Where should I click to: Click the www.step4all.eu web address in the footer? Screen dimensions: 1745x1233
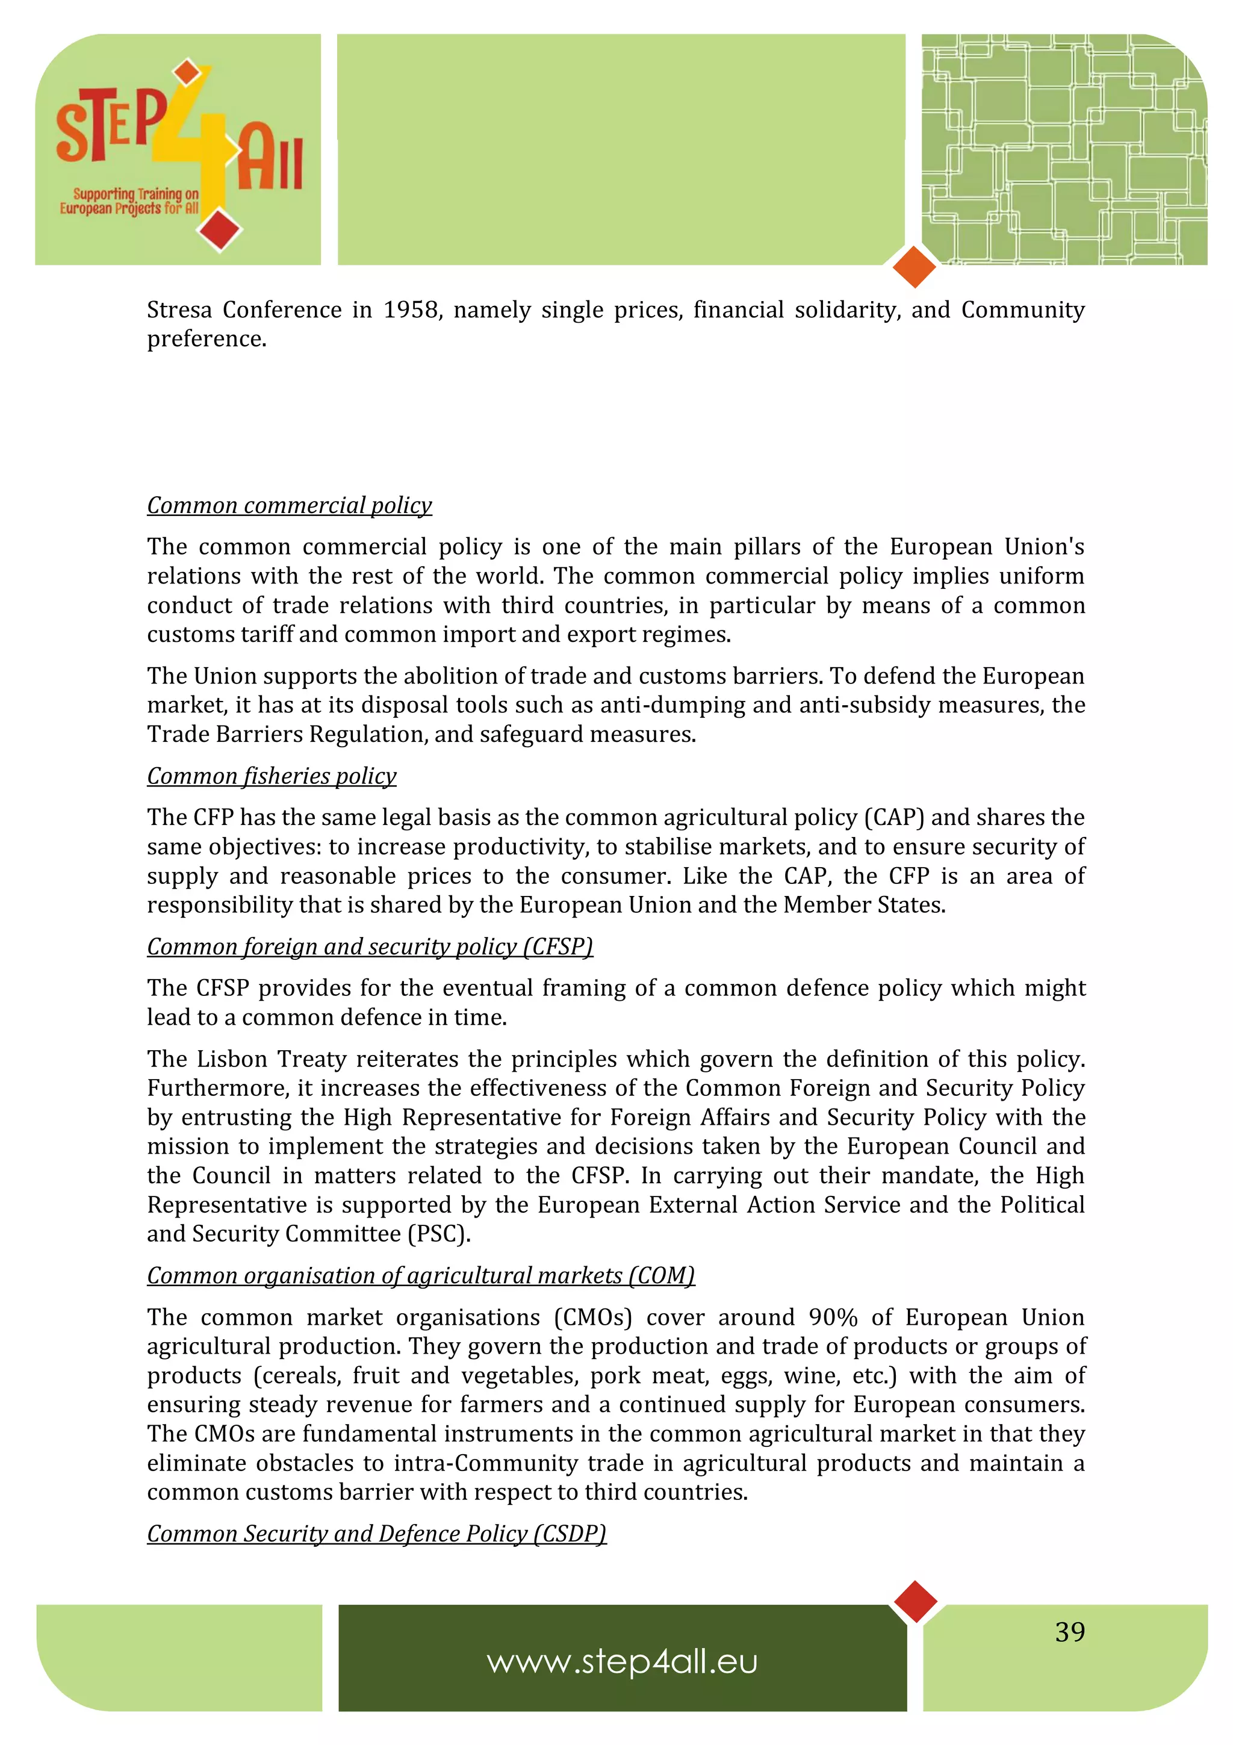[x=622, y=1662]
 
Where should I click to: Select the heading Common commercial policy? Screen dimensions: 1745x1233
[x=290, y=505]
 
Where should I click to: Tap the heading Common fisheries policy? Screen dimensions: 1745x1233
[x=271, y=776]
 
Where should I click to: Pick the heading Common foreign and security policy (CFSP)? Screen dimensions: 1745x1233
[x=370, y=947]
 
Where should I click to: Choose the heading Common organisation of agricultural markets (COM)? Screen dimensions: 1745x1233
[x=421, y=1275]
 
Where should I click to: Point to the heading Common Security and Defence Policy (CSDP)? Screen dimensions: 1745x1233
[x=377, y=1534]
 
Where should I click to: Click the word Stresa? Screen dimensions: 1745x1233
[x=179, y=310]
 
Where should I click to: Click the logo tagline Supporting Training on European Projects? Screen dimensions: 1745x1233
[x=130, y=201]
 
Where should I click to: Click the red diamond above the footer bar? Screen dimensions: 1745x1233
[x=916, y=1600]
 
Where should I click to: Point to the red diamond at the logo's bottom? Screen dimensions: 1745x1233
[x=220, y=229]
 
